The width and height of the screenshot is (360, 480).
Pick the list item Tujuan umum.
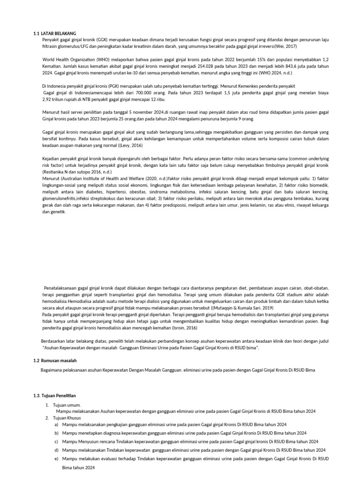[67, 405]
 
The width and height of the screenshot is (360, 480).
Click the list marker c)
[56, 442]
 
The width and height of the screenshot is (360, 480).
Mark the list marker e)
[56, 459]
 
